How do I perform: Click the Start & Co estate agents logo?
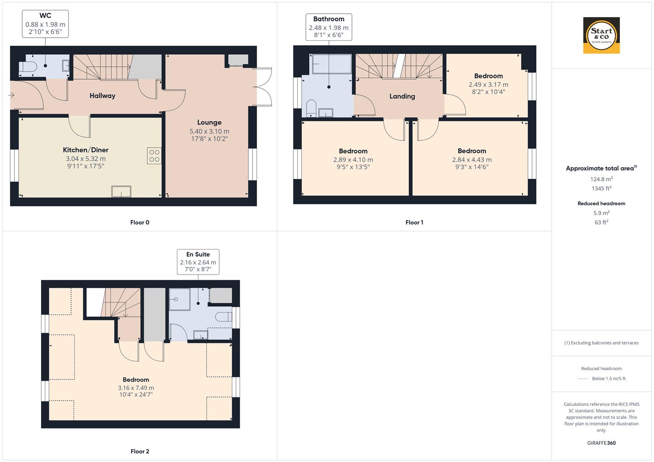601,36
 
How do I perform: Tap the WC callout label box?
45,24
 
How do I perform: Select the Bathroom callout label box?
328,27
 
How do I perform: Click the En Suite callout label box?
198,261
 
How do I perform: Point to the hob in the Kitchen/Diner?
154,156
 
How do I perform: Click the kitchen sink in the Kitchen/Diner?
121,191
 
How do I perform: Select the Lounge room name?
209,122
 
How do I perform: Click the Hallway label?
102,96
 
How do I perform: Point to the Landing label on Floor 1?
402,96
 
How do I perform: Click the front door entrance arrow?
11,95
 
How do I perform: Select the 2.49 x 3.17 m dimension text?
488,85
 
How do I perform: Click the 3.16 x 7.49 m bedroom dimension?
136,388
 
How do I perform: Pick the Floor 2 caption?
140,451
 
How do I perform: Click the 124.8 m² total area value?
601,179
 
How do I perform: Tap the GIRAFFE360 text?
601,443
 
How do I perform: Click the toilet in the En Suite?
224,317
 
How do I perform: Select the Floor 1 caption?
414,222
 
